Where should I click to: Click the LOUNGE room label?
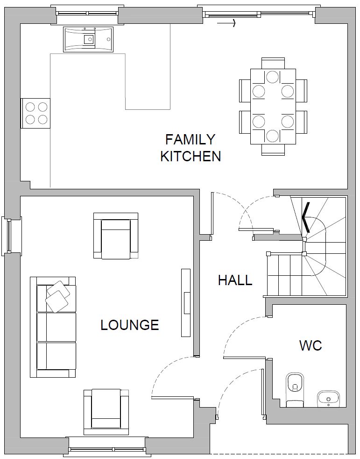point(129,325)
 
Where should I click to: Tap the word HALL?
point(235,280)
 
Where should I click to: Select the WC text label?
point(311,345)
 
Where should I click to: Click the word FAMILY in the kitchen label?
point(190,139)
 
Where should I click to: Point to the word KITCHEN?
point(191,156)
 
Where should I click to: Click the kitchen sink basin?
point(88,39)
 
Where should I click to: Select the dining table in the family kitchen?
point(273,107)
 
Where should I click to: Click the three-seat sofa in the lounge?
point(53,327)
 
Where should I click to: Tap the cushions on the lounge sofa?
point(58,296)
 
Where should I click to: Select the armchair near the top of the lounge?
point(116,236)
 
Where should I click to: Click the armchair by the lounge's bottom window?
point(106,412)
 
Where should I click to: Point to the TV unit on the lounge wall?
point(186,303)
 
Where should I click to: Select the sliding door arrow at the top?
point(226,23)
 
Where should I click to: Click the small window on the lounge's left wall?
point(9,236)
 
